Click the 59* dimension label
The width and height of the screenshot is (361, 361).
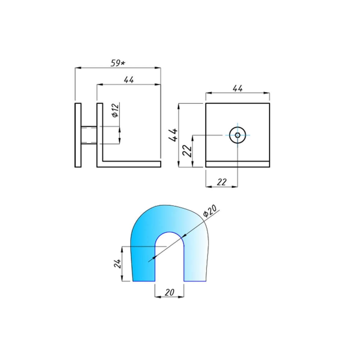pyautogui.click(x=118, y=63)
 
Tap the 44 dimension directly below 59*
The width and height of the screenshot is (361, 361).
pyautogui.click(x=129, y=80)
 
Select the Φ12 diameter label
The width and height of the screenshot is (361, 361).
pyautogui.click(x=116, y=110)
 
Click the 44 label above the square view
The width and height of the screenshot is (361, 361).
pyautogui.click(x=238, y=88)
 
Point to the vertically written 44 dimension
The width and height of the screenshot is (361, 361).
pyautogui.click(x=173, y=135)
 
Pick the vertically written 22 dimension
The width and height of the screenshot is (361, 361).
pyautogui.click(x=187, y=151)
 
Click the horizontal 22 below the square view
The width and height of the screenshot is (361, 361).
pyautogui.click(x=222, y=182)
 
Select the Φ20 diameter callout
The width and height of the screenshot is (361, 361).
pyautogui.click(x=210, y=211)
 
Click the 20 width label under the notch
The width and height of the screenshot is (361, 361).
pyautogui.click(x=169, y=292)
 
